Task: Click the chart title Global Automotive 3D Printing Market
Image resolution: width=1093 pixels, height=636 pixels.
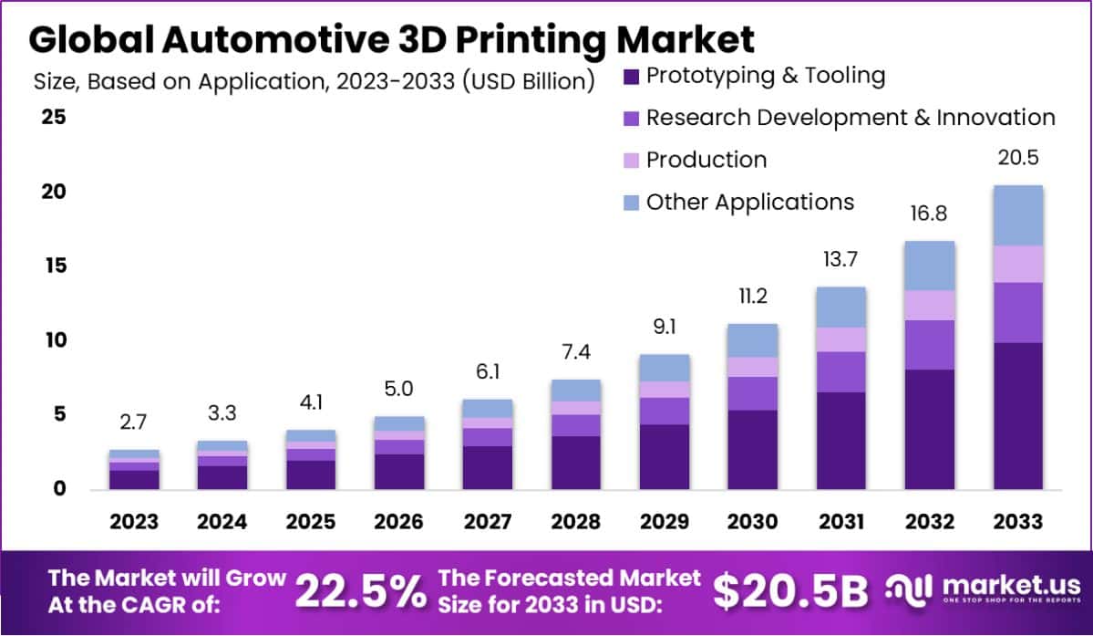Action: (x=392, y=40)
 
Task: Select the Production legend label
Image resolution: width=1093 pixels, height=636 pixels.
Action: (x=706, y=160)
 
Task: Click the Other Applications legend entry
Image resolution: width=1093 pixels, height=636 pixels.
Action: (x=749, y=202)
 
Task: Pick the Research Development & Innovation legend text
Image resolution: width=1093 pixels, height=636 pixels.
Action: (x=850, y=118)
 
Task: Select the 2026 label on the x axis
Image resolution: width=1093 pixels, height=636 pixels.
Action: (x=398, y=522)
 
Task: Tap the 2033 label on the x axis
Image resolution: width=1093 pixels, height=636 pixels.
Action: (x=1018, y=522)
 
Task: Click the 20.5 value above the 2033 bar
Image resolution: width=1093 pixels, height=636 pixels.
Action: (x=1018, y=158)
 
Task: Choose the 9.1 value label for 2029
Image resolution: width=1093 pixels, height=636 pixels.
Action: (x=664, y=326)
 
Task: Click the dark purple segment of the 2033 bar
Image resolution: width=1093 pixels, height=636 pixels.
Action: (x=1018, y=415)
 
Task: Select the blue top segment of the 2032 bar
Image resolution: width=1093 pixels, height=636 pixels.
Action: (x=930, y=266)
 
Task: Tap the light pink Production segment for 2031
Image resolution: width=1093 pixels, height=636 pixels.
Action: (x=840, y=339)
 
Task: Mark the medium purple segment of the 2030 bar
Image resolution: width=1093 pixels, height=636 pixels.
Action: (x=752, y=393)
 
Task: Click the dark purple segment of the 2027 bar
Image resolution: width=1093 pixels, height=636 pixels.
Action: (x=487, y=467)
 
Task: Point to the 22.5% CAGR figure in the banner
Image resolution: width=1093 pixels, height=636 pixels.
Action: (x=361, y=592)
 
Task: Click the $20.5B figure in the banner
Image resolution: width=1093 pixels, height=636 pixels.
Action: (x=789, y=592)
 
